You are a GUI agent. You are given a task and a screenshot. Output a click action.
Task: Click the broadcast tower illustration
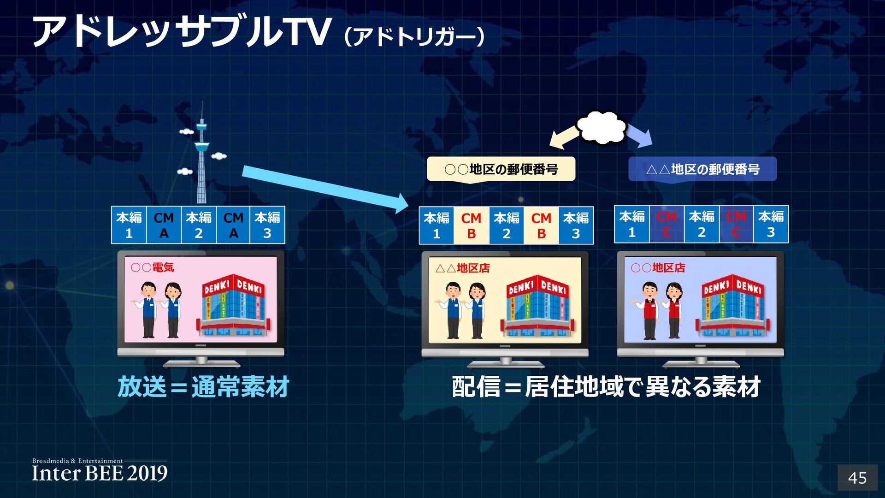point(201,157)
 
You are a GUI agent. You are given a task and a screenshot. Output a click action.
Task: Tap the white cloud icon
point(602,127)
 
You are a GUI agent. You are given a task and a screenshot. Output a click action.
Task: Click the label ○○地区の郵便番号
point(501,169)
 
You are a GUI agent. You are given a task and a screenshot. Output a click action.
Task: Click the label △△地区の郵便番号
point(702,169)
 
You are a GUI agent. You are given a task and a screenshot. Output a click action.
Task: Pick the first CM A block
point(164,225)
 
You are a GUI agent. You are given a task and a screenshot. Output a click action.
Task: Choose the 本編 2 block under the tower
point(199,225)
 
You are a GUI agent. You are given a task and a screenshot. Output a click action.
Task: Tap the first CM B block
point(471,225)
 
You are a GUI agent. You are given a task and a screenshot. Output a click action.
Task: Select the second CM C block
point(736,225)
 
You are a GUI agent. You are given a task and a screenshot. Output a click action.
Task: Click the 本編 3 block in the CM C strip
point(771,225)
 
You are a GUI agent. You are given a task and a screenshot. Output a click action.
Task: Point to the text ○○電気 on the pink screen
point(152,267)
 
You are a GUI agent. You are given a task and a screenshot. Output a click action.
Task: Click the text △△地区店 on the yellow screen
point(462,268)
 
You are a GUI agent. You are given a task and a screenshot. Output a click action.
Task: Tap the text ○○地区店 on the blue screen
point(658,268)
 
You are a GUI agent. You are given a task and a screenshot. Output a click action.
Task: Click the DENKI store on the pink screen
point(234,305)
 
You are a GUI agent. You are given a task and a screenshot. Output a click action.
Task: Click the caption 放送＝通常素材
point(203,386)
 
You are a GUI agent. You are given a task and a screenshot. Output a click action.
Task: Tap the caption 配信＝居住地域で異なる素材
point(606,386)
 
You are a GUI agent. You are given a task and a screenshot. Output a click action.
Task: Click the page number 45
point(857,478)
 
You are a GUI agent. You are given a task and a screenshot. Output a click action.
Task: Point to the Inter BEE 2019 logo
point(100,471)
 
